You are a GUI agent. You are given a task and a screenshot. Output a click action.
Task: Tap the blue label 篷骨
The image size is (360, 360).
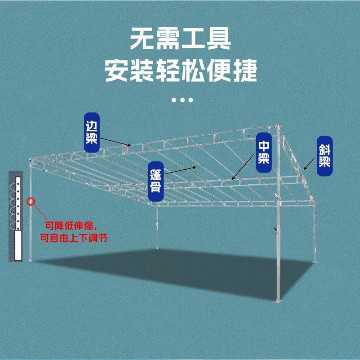(x=156, y=181)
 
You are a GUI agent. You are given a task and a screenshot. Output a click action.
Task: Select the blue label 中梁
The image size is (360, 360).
(x=264, y=152)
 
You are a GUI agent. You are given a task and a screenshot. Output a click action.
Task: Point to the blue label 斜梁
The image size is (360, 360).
(x=324, y=155)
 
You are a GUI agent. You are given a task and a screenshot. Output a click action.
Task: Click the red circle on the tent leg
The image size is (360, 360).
(x=31, y=201)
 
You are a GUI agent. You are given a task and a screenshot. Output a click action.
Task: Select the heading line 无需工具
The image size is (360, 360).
(x=180, y=39)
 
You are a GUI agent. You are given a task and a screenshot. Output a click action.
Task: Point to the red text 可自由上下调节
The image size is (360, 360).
(x=73, y=237)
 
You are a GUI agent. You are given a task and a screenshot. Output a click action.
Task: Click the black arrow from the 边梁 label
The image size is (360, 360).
(x=114, y=142)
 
